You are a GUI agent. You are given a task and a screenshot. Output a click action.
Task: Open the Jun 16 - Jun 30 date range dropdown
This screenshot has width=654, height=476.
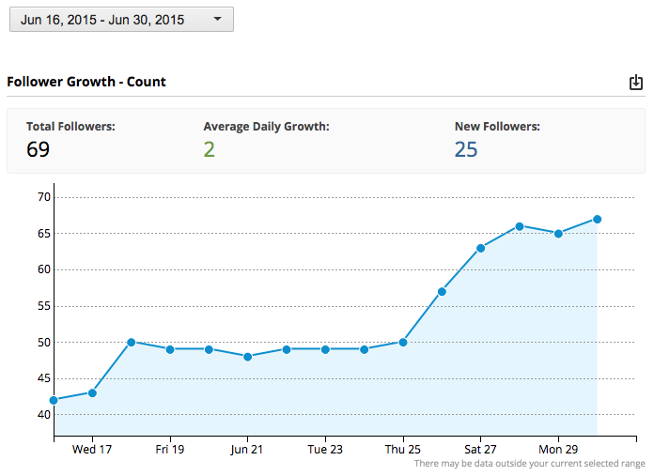(121, 19)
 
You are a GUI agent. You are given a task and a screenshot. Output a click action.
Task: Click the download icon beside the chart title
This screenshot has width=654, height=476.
(636, 83)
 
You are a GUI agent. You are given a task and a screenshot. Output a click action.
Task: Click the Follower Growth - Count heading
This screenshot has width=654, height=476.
(86, 82)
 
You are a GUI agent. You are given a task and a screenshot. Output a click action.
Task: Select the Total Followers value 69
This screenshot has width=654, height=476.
(38, 149)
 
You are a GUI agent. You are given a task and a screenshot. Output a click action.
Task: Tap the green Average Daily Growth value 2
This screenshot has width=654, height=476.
(209, 149)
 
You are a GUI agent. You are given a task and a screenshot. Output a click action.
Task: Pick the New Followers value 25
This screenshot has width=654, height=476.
(466, 149)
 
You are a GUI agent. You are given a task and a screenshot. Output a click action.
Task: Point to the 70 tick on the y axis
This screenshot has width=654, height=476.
(43, 197)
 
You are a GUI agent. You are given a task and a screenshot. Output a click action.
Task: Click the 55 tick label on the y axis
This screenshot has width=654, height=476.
(43, 306)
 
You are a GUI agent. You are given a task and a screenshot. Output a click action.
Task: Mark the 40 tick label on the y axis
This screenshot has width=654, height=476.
(43, 415)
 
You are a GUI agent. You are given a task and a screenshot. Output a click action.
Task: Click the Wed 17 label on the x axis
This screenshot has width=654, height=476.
(92, 450)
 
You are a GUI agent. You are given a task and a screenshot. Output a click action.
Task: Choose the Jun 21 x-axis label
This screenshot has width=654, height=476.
(247, 450)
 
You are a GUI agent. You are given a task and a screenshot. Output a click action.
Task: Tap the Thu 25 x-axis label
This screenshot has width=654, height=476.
(403, 450)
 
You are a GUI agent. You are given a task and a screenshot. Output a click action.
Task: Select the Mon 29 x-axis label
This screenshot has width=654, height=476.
(558, 450)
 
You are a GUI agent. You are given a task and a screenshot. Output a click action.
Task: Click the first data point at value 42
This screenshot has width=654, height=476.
(54, 400)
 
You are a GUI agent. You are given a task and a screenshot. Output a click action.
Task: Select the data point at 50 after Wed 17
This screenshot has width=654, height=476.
(132, 342)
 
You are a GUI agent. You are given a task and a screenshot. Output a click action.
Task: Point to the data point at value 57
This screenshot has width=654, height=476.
(442, 291)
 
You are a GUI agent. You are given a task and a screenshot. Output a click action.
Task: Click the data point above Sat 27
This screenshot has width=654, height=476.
(480, 248)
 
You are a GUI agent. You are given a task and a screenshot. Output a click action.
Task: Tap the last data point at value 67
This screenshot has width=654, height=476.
(597, 219)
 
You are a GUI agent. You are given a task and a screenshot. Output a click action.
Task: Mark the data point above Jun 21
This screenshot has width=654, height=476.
(247, 357)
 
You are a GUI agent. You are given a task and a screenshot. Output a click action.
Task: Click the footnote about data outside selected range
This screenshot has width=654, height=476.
(529, 464)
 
